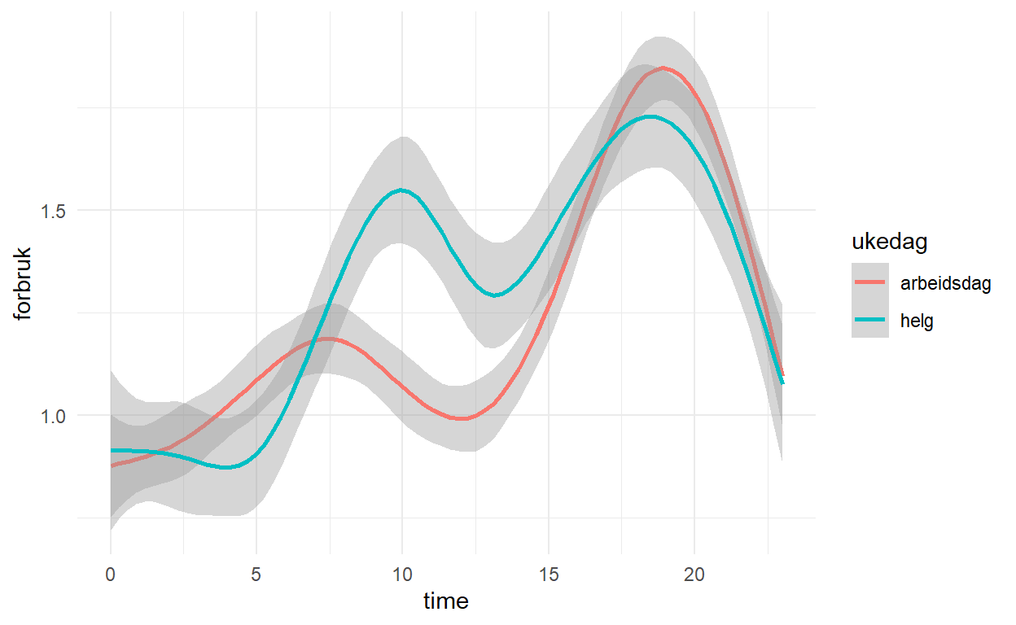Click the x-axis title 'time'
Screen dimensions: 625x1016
point(446,601)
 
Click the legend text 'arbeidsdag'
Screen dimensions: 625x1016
point(945,284)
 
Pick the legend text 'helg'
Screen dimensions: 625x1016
point(917,321)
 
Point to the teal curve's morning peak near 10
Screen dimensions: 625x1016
point(402,190)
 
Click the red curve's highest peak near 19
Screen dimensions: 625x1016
point(664,68)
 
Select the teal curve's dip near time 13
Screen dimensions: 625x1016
point(494,295)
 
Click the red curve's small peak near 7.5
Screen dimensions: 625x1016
point(329,339)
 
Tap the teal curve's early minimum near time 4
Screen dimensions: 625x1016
point(228,468)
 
